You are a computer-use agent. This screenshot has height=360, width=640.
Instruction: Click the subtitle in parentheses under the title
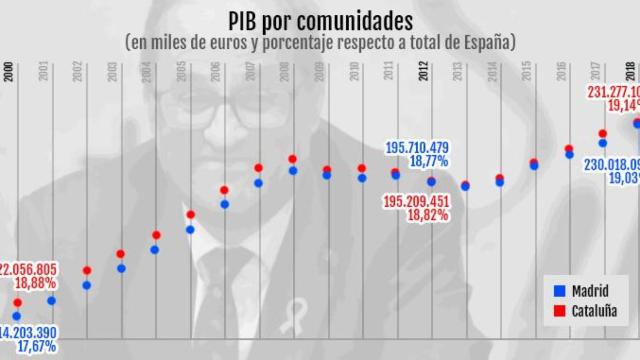coord(319,43)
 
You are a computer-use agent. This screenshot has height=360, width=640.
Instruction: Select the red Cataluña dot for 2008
coord(292,159)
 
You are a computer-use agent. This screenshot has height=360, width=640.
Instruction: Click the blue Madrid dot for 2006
coord(224,204)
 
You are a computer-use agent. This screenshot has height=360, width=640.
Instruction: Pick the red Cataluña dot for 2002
coord(87,270)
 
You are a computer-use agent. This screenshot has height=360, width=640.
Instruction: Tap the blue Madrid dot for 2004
coord(155,249)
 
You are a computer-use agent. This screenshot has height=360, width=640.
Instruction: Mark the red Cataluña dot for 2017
coord(603,134)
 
